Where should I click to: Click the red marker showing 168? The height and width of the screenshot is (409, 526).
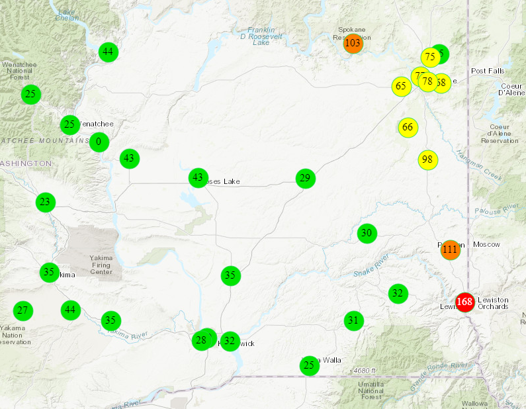pos(465,302)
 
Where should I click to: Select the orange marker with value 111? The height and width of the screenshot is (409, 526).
pos(450,250)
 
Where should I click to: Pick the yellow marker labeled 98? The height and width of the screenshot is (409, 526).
pos(427,159)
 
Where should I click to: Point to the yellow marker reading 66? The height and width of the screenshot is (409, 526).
pos(408,127)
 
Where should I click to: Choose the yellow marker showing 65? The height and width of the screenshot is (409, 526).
pos(400,86)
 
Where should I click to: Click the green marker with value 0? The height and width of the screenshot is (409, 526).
pos(99,141)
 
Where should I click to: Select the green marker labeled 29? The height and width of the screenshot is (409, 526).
pos(304,178)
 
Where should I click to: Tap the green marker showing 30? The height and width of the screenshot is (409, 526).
pos(367,233)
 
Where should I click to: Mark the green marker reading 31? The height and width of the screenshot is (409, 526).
pos(353,321)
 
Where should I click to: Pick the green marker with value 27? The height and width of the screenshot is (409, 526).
pos(23,310)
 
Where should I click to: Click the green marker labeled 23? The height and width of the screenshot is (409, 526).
pos(45,202)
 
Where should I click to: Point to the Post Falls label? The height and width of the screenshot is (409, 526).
pos(487,71)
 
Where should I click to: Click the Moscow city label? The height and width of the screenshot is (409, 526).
pos(486,244)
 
